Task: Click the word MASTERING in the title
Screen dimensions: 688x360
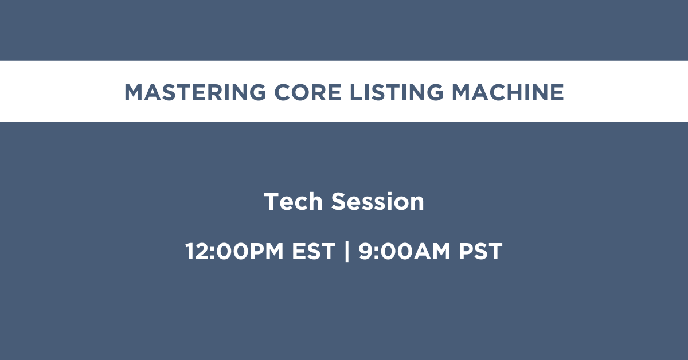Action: click(195, 92)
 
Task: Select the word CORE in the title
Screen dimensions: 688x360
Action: click(308, 92)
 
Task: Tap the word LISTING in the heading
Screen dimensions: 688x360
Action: click(397, 92)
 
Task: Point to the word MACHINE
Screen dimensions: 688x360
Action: click(508, 92)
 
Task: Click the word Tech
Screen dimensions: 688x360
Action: click(293, 202)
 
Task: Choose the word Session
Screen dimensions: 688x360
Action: click(377, 202)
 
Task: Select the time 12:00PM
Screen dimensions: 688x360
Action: click(234, 251)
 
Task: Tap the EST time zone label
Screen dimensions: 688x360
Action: click(313, 251)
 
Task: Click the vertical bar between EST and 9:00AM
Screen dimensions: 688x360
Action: click(347, 251)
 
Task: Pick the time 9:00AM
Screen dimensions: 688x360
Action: click(404, 251)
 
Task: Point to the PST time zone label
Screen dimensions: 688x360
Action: click(480, 251)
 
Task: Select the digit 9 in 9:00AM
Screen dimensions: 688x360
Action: click(366, 251)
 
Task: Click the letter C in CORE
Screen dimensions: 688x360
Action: click(283, 92)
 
